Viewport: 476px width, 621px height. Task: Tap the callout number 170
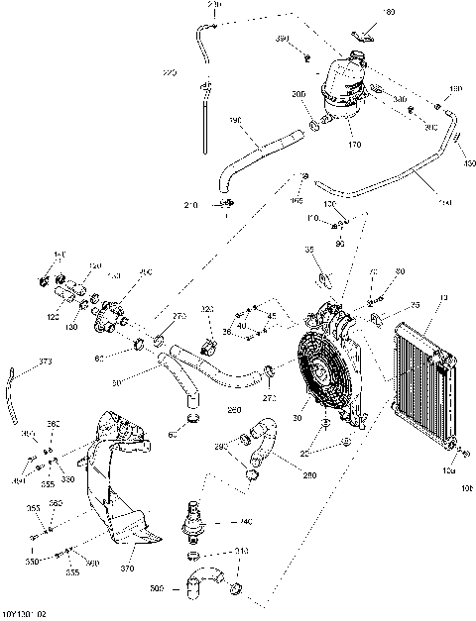pos(353,145)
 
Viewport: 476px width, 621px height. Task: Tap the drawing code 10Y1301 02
pos(25,614)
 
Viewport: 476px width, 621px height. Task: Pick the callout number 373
pos(45,362)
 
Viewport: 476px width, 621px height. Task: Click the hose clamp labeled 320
pos(209,346)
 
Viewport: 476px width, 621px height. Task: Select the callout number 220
pos(169,72)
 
